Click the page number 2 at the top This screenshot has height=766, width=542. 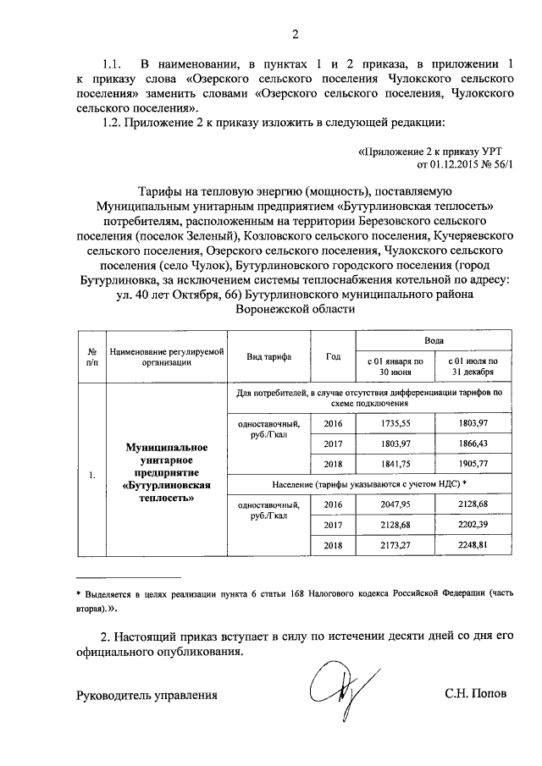(295, 35)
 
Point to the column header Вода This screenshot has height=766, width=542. (434, 339)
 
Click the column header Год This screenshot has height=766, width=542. (333, 355)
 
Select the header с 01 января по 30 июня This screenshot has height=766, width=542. (395, 366)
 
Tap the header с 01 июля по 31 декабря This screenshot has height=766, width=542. (473, 366)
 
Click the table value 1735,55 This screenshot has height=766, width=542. (395, 422)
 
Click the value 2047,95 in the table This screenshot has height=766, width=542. (395, 503)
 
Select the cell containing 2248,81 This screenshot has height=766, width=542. (473, 545)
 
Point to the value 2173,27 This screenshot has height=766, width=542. (395, 545)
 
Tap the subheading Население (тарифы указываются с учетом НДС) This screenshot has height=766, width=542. (369, 482)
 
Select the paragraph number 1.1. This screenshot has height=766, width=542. (113, 63)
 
